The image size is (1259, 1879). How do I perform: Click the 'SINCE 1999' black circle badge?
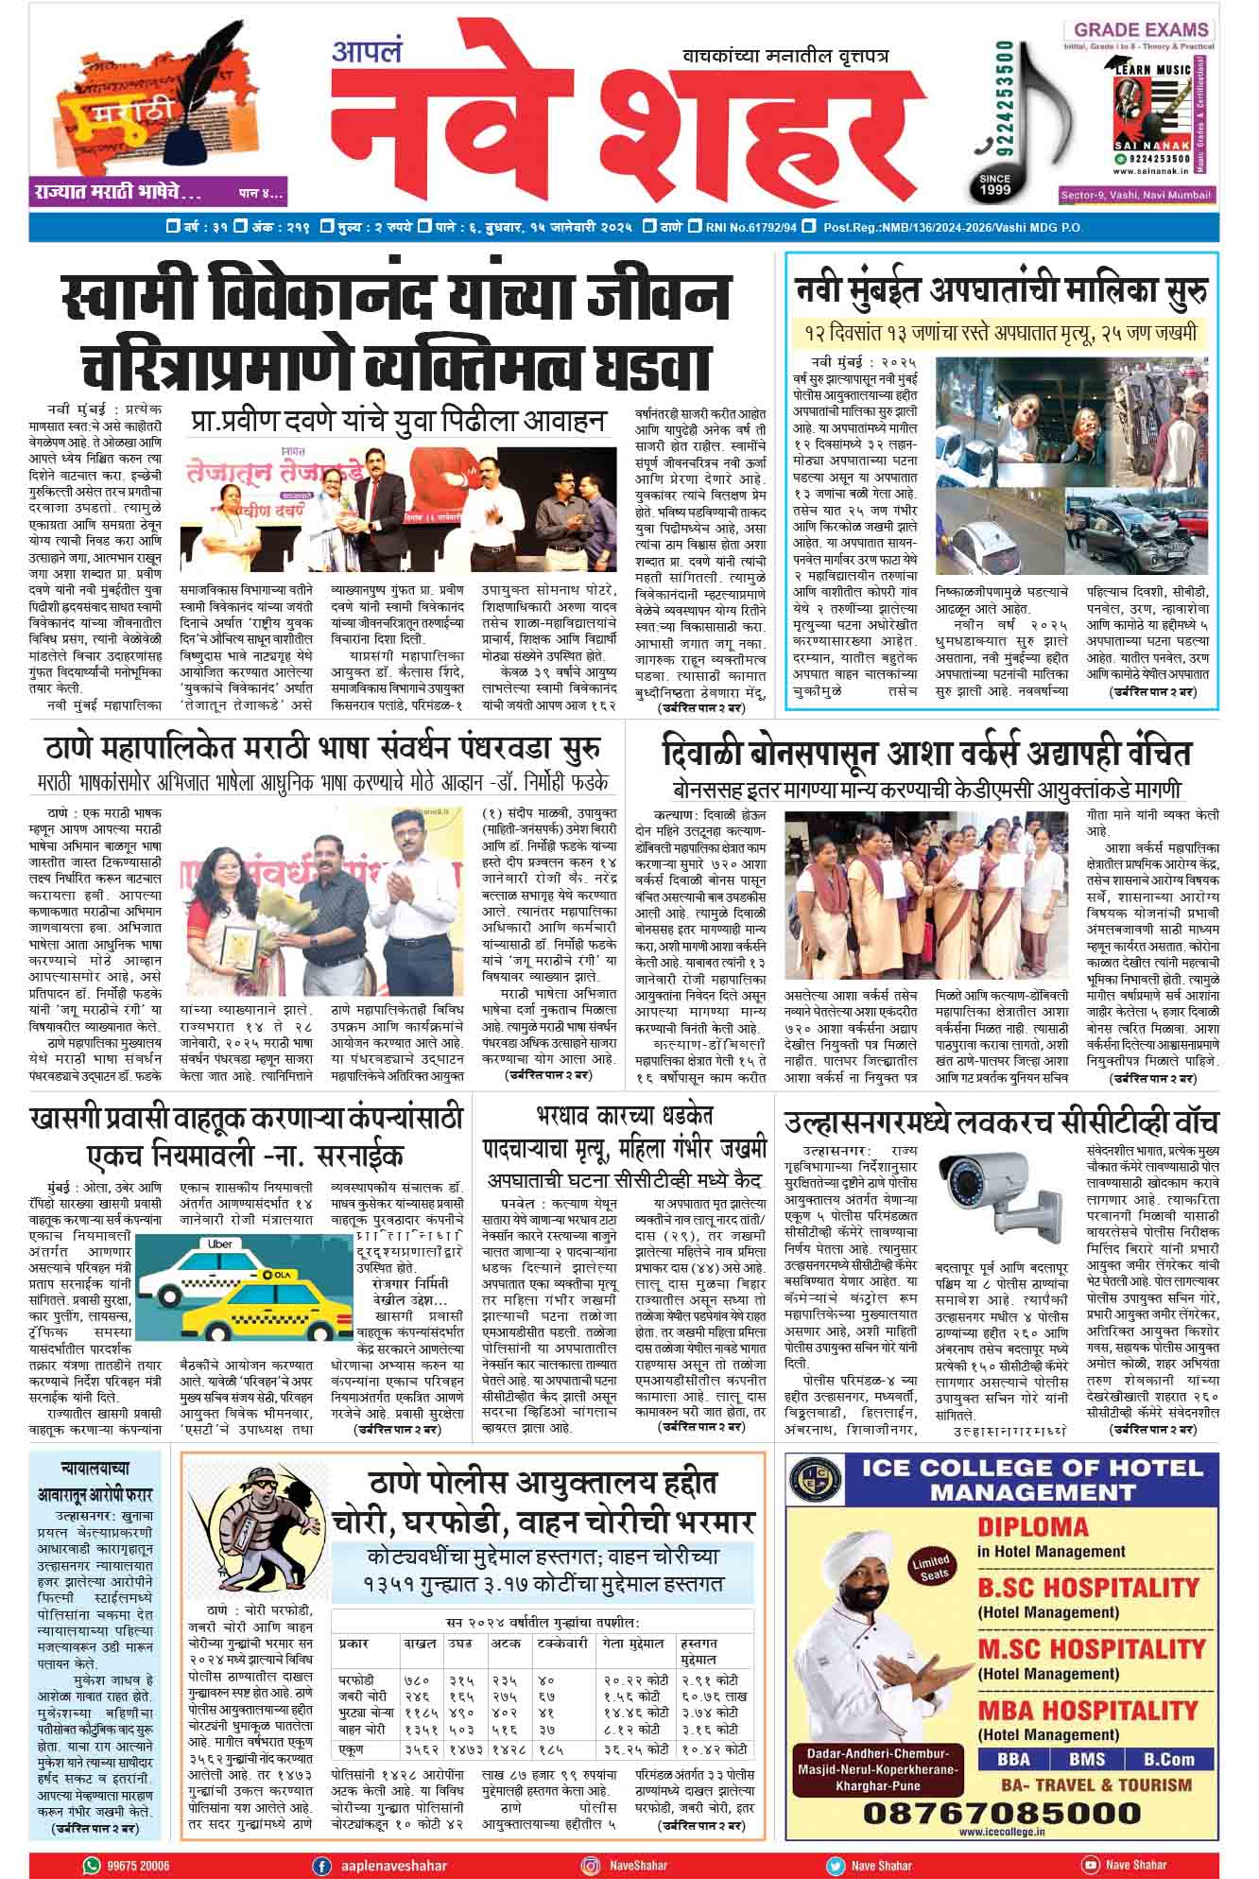994,183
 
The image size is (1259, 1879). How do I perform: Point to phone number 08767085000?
1002,1814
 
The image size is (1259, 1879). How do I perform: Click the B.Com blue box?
1168,1759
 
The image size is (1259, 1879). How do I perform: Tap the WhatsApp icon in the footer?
92,1866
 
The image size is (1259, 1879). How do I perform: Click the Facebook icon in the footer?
322,1866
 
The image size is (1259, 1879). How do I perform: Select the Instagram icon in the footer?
591,1866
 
